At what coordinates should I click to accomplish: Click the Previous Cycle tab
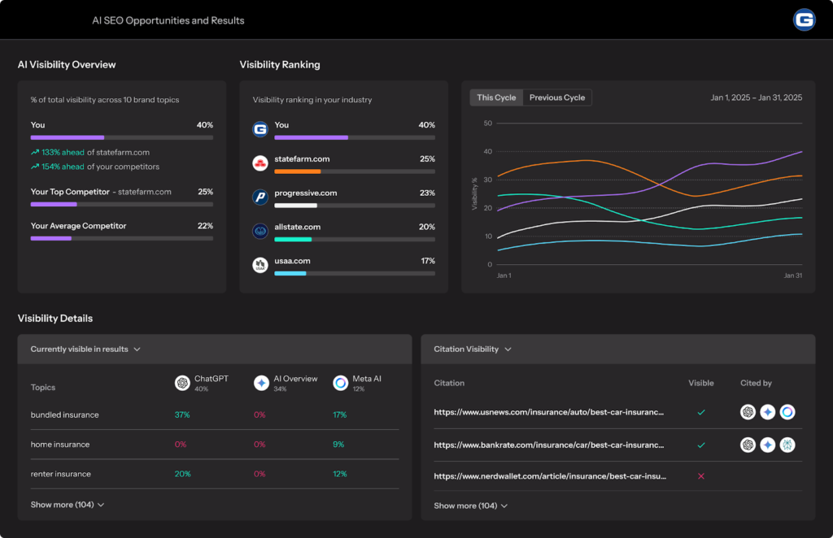click(x=557, y=98)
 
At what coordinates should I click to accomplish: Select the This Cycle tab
click(x=496, y=98)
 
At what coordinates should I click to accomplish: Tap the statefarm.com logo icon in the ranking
click(x=260, y=163)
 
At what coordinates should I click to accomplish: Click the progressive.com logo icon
click(x=260, y=197)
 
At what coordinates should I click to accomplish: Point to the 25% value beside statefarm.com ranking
click(x=427, y=159)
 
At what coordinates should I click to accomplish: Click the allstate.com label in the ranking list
click(x=298, y=228)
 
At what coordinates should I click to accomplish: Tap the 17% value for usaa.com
click(x=427, y=261)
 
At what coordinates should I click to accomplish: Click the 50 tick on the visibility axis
click(x=488, y=124)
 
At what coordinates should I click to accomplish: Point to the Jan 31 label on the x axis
click(x=793, y=276)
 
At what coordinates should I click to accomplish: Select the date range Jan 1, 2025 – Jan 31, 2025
click(x=757, y=98)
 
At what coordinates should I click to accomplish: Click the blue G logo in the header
click(x=804, y=20)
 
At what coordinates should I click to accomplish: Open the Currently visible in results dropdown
click(x=85, y=349)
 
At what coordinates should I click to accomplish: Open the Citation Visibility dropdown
click(x=473, y=349)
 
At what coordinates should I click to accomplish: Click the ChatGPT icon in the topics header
click(x=182, y=383)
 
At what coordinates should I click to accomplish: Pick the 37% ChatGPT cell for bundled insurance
click(x=182, y=415)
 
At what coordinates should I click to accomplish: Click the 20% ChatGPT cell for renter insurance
click(x=182, y=474)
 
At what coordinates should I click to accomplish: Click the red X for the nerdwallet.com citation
click(x=701, y=475)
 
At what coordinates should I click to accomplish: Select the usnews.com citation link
click(x=549, y=412)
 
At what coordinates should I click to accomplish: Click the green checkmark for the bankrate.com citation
click(x=701, y=445)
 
